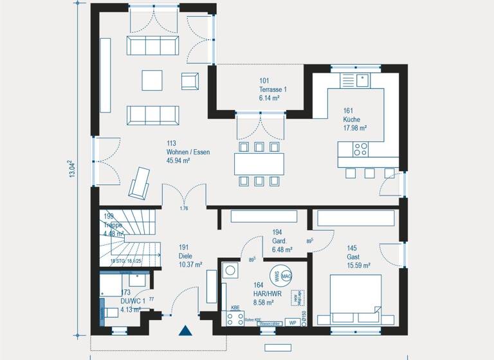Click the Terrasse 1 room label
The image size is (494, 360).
tap(272, 89)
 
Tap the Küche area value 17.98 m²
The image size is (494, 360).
tap(355, 128)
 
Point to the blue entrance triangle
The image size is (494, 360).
tap(186, 331)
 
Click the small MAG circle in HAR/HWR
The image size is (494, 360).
tap(287, 276)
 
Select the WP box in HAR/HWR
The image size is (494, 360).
tap(293, 322)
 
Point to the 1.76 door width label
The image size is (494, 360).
tap(183, 209)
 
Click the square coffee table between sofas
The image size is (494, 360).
tap(152, 80)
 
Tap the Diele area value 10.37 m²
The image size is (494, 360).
tap(190, 264)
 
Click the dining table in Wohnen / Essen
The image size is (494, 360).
tap(259, 164)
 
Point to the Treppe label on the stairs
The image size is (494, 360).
tap(113, 226)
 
